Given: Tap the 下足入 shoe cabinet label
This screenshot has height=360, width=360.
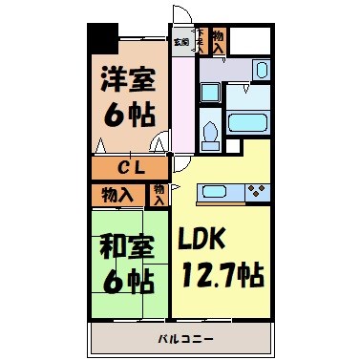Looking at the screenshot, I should coord(201,42).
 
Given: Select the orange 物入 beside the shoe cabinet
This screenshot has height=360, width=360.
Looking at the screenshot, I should coord(219,41).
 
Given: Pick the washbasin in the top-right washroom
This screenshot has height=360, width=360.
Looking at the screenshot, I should coord(260,70).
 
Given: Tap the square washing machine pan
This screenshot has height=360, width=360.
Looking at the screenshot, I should coord(213,94).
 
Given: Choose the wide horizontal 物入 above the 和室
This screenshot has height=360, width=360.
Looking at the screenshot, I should coord(117,195).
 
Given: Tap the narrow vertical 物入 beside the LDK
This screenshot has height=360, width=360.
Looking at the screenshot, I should coord(159,195).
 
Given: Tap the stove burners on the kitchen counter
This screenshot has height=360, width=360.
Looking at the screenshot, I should coord(256,191).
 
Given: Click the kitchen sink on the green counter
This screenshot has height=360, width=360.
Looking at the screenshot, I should coord(212,191).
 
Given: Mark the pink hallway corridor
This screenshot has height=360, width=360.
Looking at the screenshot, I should coord(180,105).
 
